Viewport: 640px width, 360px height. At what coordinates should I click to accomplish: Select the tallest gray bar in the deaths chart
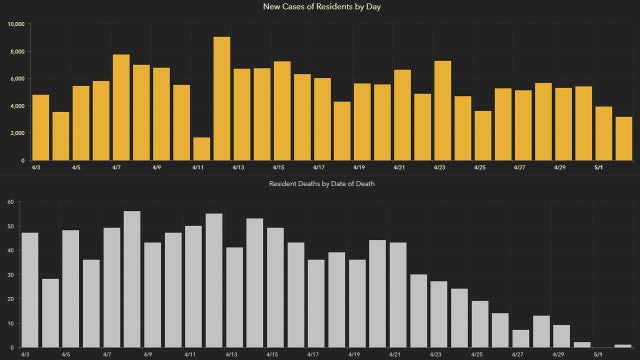(x=132, y=279)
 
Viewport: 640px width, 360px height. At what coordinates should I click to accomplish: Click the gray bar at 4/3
(x=30, y=290)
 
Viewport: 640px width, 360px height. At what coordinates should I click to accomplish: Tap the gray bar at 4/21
(x=398, y=295)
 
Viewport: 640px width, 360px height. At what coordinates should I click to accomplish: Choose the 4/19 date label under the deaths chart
(x=353, y=354)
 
